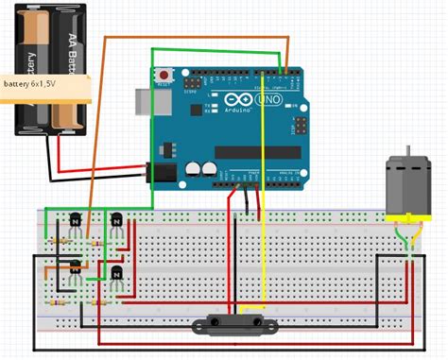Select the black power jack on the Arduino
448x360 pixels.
coord(162,171)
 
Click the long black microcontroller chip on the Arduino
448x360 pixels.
coord(257,152)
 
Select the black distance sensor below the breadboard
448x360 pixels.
coord(234,326)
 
